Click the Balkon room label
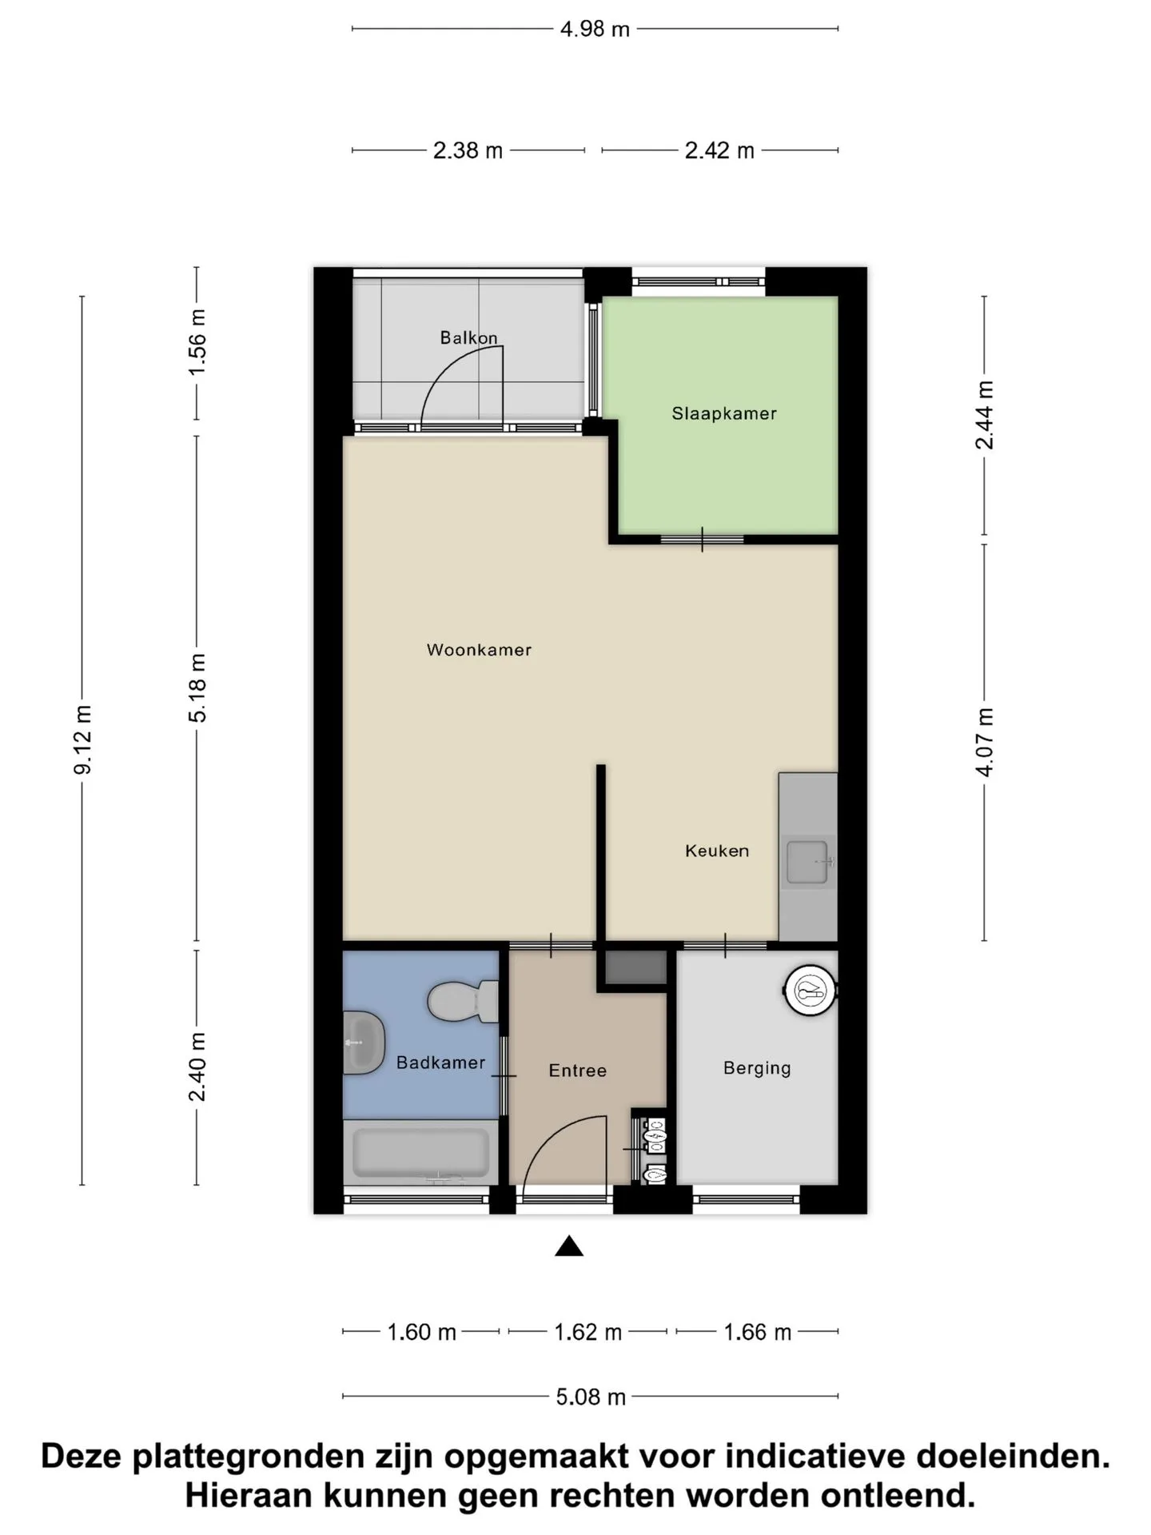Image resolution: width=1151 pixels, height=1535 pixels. pyautogui.click(x=468, y=337)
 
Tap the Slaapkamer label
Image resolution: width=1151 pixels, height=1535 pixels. pyautogui.click(x=724, y=413)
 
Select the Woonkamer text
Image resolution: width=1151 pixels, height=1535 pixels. pyautogui.click(x=479, y=650)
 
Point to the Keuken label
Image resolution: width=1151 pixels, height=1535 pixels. pyautogui.click(x=717, y=851)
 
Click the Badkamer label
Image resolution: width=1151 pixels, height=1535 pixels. pyautogui.click(x=440, y=1063)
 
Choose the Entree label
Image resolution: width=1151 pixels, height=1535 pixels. pyautogui.click(x=577, y=1071)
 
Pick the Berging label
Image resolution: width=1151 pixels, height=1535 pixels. pyautogui.click(x=757, y=1068)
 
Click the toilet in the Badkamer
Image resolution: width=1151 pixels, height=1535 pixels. pyautogui.click(x=463, y=1002)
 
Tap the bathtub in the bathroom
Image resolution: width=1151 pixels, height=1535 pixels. pyautogui.click(x=421, y=1152)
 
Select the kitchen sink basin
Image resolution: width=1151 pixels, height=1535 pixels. pyautogui.click(x=807, y=862)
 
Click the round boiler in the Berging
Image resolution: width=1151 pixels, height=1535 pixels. pyautogui.click(x=810, y=991)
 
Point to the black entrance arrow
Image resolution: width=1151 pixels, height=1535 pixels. pyautogui.click(x=569, y=1246)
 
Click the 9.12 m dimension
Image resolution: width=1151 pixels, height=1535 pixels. pyautogui.click(x=83, y=740)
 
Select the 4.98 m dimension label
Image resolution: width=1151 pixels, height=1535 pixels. pyautogui.click(x=595, y=30)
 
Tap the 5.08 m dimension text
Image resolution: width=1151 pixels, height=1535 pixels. pyautogui.click(x=591, y=1397)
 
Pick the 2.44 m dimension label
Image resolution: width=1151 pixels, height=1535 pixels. pyautogui.click(x=985, y=415)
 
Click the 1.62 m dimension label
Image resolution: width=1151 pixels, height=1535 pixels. pyautogui.click(x=587, y=1332)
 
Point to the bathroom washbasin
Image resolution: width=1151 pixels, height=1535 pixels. pyautogui.click(x=364, y=1043)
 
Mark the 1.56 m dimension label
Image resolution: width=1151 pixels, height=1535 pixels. pyautogui.click(x=197, y=342)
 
